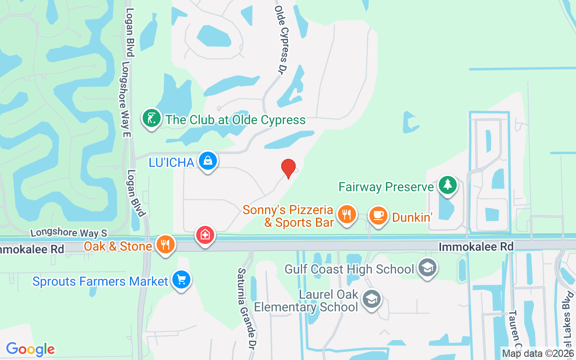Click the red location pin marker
pos(288,168)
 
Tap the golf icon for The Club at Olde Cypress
pos(152,119)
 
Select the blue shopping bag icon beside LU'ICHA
pos(207,161)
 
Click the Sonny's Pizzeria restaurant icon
pos(346,215)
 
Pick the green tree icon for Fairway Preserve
pos(447,185)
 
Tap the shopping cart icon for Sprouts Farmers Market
pos(181,280)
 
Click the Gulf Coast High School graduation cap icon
pos(426,268)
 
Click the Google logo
pos(31,349)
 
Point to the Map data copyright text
pos(538,353)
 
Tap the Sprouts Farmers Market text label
pos(100,282)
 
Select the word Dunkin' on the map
pos(412,217)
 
